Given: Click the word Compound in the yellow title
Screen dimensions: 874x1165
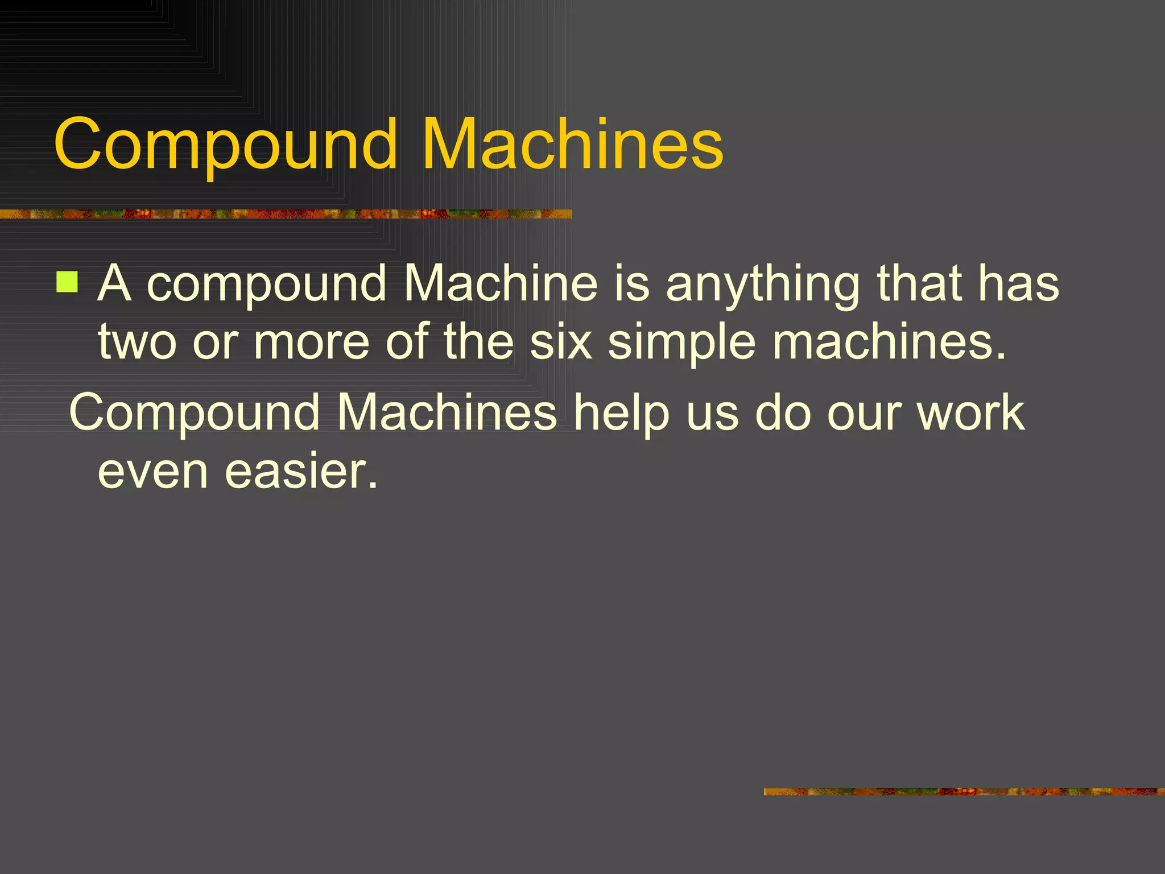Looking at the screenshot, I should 225,145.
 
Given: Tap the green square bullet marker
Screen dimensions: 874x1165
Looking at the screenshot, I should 67,282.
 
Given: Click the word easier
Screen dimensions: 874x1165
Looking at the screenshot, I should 301,472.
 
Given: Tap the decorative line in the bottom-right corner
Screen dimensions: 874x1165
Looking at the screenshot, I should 964,791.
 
